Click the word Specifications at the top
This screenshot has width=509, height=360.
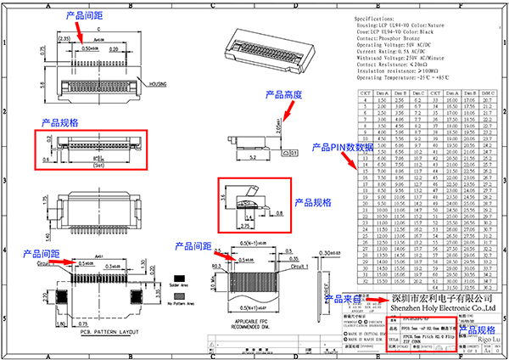pyautogui.click(x=374, y=18)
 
